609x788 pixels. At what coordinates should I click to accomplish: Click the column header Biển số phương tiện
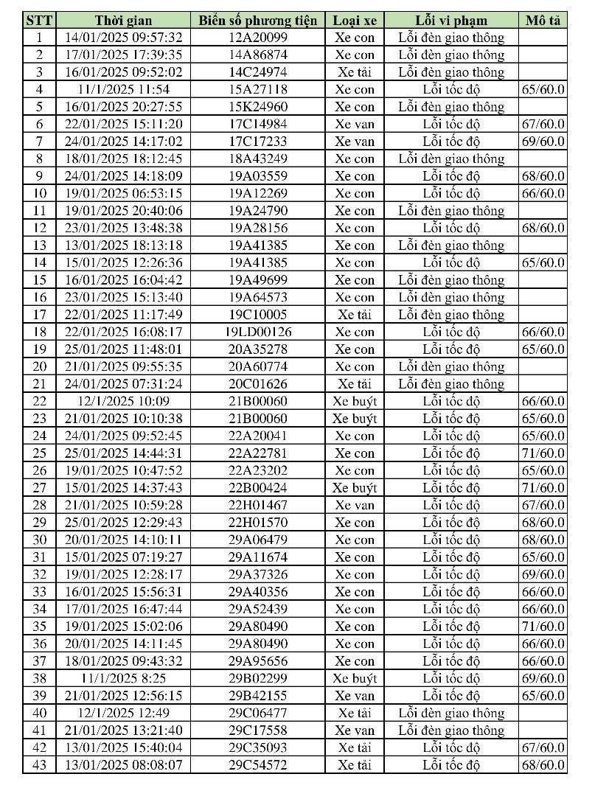[x=258, y=20]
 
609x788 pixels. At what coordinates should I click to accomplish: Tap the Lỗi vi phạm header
[x=451, y=20]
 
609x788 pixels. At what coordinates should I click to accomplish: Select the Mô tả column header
[x=543, y=20]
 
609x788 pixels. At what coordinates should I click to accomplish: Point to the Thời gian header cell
[x=123, y=20]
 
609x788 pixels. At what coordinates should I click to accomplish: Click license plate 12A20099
[x=258, y=38]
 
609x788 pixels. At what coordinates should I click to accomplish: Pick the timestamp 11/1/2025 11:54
[x=123, y=89]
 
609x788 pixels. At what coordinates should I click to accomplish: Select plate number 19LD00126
[x=258, y=332]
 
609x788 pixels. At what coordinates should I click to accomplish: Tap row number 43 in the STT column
[x=39, y=764]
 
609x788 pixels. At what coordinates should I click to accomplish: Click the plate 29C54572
[x=258, y=764]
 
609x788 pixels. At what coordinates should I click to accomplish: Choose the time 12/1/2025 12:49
[x=123, y=713]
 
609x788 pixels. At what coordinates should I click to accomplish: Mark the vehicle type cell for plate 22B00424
[x=354, y=488]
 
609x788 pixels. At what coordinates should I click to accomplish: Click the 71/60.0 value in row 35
[x=543, y=627]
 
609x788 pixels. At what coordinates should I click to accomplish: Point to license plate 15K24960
[x=258, y=107]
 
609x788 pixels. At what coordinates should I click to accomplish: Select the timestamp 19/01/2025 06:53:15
[x=123, y=193]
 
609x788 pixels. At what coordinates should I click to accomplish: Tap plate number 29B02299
[x=258, y=678]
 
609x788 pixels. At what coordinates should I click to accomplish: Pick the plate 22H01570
[x=258, y=523]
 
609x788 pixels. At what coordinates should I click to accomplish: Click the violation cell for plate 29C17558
[x=451, y=731]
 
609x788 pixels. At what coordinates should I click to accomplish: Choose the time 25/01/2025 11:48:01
[x=123, y=349]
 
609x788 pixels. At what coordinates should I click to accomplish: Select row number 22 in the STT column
[x=39, y=401]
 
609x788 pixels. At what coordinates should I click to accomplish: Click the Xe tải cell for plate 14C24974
[x=354, y=72]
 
